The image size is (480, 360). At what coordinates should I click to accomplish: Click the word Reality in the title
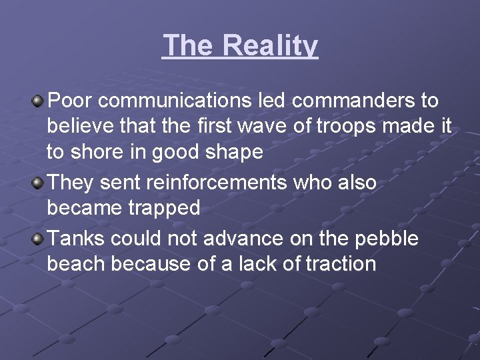tap(270, 46)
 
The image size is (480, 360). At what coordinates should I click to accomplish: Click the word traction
tap(341, 263)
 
